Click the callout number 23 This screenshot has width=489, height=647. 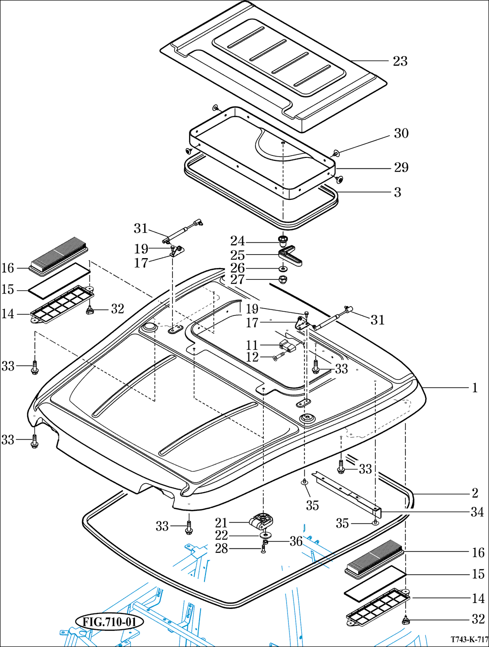[x=400, y=61]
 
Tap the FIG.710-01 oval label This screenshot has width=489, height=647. [x=109, y=621]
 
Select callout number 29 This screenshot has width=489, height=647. [x=401, y=168]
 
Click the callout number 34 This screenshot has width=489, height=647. [x=477, y=512]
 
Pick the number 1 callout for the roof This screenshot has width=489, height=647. [x=475, y=388]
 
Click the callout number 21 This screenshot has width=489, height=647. [x=221, y=523]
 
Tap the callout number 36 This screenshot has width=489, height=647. [x=296, y=542]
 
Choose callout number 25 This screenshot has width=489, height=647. [x=238, y=255]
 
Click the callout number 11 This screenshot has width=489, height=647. [x=252, y=345]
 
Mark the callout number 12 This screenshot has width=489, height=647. [x=252, y=357]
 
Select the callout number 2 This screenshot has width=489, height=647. [x=475, y=493]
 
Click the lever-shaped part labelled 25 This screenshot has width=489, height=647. [x=290, y=258]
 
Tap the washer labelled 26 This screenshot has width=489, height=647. [x=284, y=269]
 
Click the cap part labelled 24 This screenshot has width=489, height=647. [x=283, y=241]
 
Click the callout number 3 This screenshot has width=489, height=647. [x=398, y=192]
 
